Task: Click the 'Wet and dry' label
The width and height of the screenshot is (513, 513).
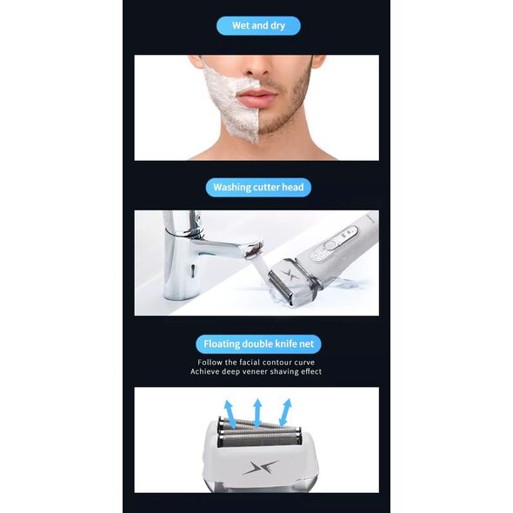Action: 258,25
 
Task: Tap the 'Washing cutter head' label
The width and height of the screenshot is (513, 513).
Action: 258,187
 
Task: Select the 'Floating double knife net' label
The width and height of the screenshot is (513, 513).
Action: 258,343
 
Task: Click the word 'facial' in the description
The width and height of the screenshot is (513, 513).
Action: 250,363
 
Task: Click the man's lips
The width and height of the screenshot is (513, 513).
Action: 257,97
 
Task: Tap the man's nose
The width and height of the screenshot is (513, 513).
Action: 258,67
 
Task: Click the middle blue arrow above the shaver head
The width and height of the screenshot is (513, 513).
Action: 257,413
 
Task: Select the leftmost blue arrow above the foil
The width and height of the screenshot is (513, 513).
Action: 229,414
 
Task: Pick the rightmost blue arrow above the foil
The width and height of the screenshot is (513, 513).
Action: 284,412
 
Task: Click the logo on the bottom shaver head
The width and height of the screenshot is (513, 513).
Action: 261,467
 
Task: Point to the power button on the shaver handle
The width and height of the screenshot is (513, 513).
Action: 331,244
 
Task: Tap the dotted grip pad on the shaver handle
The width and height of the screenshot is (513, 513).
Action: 320,254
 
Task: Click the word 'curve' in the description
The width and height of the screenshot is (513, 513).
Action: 304,363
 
